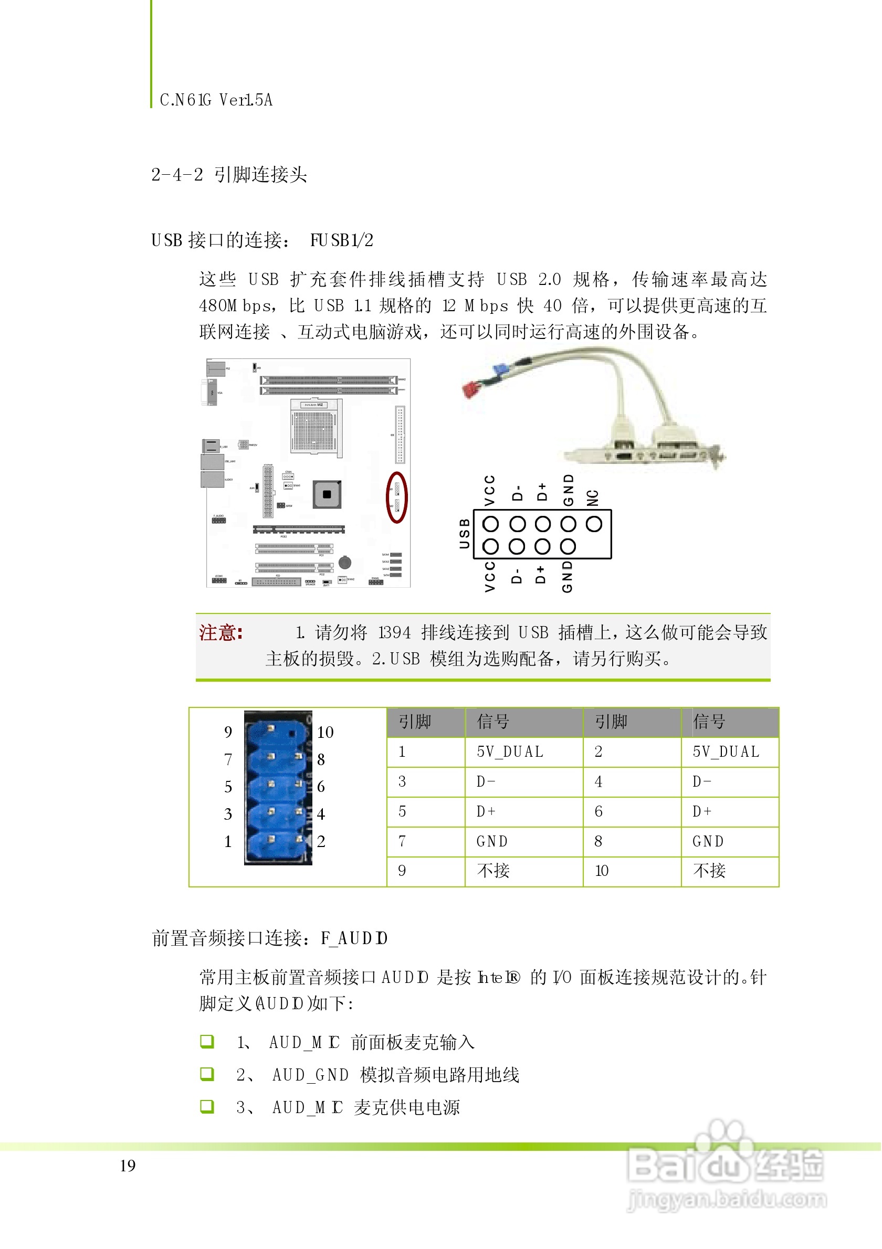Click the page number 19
point(128,1166)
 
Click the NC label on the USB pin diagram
point(593,497)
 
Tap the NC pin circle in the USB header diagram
point(594,524)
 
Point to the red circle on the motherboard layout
point(397,497)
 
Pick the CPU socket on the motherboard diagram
point(317,427)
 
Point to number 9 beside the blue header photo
point(228,732)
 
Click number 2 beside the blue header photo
point(322,842)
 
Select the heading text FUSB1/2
point(342,240)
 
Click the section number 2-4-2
point(177,175)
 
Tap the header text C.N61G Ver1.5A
point(216,100)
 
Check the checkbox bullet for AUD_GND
point(207,1074)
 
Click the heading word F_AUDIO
point(354,938)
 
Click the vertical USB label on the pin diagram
point(464,534)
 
